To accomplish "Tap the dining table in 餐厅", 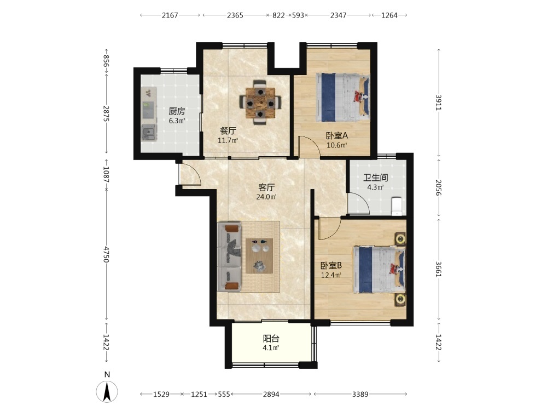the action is pyautogui.click(x=260, y=102).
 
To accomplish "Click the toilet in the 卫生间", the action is pyautogui.click(x=397, y=206).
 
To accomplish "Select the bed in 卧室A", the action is pyautogui.click(x=342, y=98).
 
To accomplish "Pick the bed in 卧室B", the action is pyautogui.click(x=380, y=270).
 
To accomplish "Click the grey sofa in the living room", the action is pyautogui.click(x=229, y=256).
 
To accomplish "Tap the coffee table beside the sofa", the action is pyautogui.click(x=259, y=255).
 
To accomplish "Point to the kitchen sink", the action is pyautogui.click(x=149, y=132).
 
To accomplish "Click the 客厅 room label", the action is pyautogui.click(x=266, y=187).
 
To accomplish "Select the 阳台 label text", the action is pyautogui.click(x=271, y=339).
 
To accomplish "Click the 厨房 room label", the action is pyautogui.click(x=177, y=111).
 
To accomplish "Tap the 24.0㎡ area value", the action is pyautogui.click(x=266, y=197).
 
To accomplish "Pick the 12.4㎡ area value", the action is pyautogui.click(x=331, y=275).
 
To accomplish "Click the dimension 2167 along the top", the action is pyautogui.click(x=170, y=15).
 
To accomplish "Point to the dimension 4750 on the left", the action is pyautogui.click(x=107, y=254).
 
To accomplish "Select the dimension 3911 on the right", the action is pyautogui.click(x=439, y=103).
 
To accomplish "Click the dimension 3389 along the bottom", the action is pyautogui.click(x=360, y=394).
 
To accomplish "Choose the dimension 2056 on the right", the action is pyautogui.click(x=439, y=188).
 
